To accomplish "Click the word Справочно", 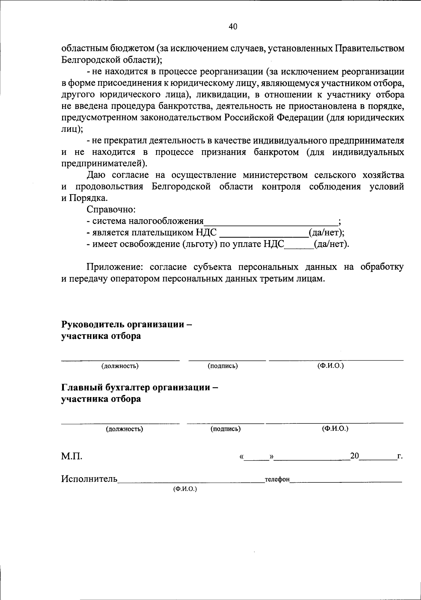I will (111, 210).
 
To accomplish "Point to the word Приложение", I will (115, 267).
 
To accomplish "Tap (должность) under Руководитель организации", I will (120, 366).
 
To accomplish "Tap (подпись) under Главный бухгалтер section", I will (226, 429).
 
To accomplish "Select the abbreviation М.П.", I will (72, 456).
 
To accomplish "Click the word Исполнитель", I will (89, 479).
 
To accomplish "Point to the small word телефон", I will (277, 480).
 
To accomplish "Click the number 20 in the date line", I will (354, 456).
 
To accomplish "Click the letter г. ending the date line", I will (399, 457).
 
